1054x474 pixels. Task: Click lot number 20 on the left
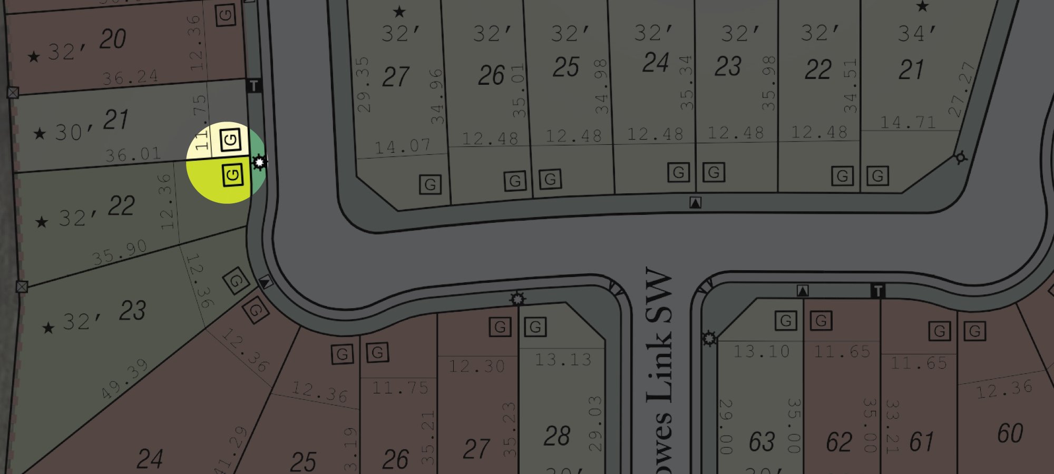(113, 39)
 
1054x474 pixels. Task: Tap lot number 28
(557, 436)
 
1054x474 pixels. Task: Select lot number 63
(762, 441)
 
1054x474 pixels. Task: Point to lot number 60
(1010, 433)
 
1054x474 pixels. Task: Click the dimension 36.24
(130, 77)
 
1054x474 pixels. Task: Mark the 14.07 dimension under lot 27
(402, 146)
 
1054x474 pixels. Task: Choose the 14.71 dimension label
(908, 123)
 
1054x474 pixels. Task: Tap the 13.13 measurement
(563, 360)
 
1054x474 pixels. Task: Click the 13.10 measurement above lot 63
(762, 351)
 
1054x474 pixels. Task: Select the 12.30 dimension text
(476, 366)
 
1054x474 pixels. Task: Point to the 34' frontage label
(917, 33)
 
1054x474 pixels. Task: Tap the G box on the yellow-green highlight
(232, 175)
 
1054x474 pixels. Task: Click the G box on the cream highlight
(230, 140)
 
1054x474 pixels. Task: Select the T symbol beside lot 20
(254, 85)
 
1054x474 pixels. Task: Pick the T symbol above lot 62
(877, 291)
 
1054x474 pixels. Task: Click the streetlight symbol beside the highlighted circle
(259, 162)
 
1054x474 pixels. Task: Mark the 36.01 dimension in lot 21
(133, 155)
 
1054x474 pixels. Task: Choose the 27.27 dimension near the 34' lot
(962, 90)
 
